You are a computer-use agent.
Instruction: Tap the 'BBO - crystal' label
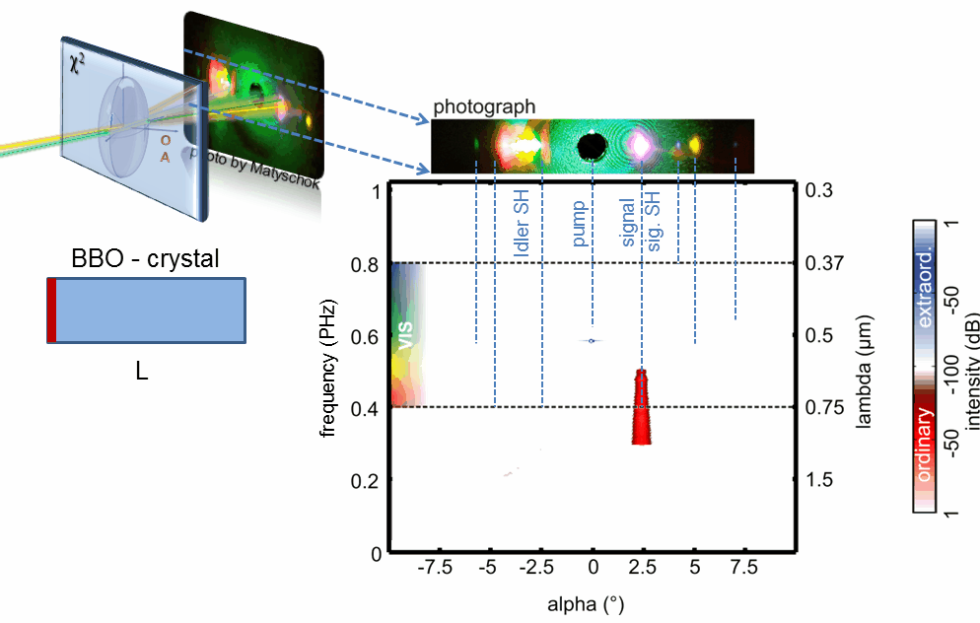(145, 259)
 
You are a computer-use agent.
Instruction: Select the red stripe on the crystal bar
(51, 311)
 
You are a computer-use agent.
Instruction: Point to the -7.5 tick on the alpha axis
(436, 569)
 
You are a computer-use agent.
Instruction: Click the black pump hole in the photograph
(591, 147)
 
